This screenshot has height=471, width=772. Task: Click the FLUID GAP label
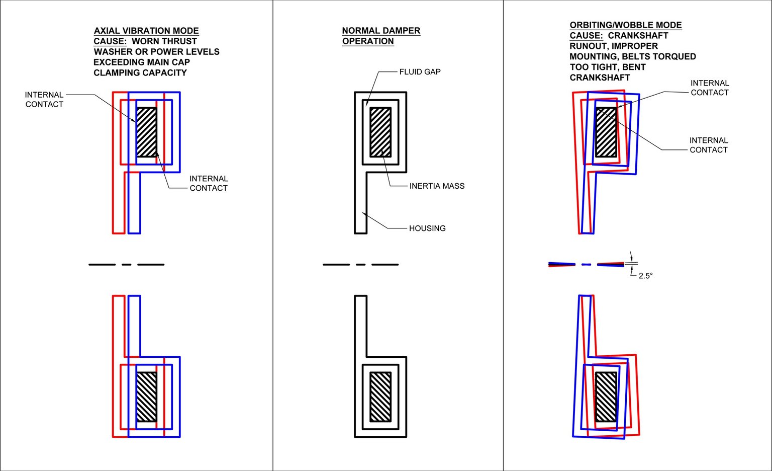[x=420, y=72]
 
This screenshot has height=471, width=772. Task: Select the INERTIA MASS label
[x=437, y=186]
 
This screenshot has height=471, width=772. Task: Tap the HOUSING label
[x=427, y=228]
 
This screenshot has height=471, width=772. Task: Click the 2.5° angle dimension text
[x=645, y=276]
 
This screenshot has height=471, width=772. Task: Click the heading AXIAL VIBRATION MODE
[x=146, y=31]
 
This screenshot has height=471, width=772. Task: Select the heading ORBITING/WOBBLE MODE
[x=625, y=25]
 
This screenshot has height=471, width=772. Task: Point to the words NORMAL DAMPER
[x=381, y=31]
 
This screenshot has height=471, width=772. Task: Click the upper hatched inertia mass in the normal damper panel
[x=380, y=132]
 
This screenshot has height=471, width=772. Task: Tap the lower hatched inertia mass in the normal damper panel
[x=380, y=397]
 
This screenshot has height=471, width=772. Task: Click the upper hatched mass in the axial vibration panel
[x=147, y=132]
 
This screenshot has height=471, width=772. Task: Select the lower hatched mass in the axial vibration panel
[x=147, y=397]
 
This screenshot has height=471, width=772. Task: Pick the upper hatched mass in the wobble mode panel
[x=606, y=132]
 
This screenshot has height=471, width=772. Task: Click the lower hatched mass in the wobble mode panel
[x=606, y=397]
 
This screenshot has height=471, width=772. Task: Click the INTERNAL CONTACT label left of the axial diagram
[x=44, y=100]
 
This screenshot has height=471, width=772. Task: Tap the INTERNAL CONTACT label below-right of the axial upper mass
[x=209, y=183]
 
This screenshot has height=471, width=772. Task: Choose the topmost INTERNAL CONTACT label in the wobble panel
[x=710, y=88]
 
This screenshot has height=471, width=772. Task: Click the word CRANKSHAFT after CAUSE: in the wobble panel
[x=638, y=36]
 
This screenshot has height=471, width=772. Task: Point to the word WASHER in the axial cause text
[x=109, y=52]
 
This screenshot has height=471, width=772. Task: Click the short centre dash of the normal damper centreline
[x=360, y=264]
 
